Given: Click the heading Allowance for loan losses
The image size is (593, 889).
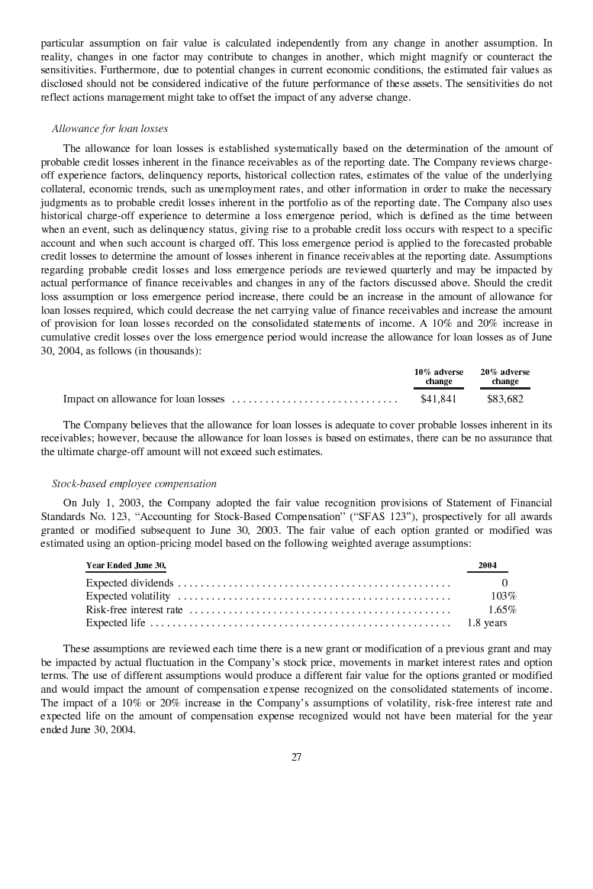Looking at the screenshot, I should pos(110,128).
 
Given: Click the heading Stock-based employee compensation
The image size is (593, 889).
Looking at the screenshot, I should pos(134,483).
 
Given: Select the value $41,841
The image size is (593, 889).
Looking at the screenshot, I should pos(439,399).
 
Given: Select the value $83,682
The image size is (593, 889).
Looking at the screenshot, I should pos(504,399).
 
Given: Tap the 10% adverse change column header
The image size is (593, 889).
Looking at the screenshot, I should pos(439,377).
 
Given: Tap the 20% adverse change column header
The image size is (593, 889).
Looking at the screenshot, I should pos(504,377).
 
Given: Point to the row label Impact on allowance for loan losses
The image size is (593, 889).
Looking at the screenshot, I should pos(143,399).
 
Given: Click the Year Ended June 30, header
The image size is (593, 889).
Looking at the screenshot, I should pos(126,565).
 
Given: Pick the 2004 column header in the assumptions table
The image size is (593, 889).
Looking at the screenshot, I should pos(487,565).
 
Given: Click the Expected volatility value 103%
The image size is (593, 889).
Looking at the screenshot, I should pos(503,596).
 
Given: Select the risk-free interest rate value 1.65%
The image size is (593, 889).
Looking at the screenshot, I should pos(502,609).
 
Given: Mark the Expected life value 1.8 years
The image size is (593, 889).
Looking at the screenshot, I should pos(487,622).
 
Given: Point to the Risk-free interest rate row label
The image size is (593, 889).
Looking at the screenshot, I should pos(134,609).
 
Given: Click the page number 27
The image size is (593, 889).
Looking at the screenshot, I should pos(296,757).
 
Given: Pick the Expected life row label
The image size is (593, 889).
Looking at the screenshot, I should pos(115,622).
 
